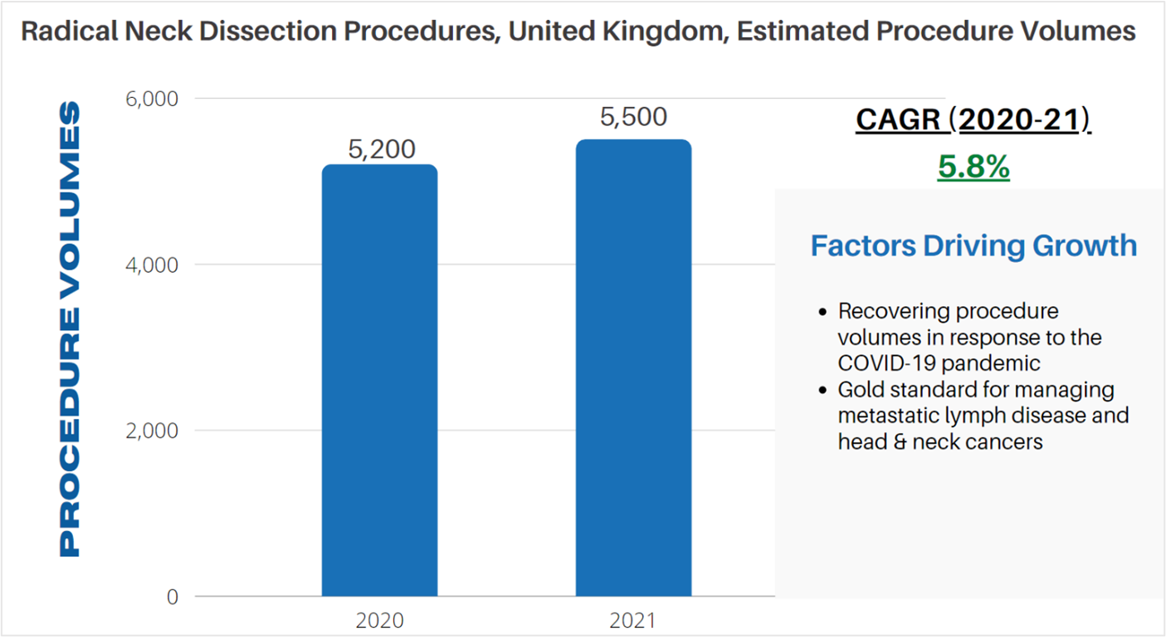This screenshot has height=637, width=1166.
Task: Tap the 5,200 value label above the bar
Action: [x=381, y=149]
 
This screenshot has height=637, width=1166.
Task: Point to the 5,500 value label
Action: [x=633, y=118]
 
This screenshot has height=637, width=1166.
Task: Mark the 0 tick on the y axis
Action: [x=172, y=597]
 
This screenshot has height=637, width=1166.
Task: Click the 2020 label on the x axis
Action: [x=379, y=620]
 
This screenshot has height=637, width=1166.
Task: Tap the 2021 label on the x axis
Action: [x=632, y=620]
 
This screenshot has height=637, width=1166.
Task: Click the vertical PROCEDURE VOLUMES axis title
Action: [x=71, y=328]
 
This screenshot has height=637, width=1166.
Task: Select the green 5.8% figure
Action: [x=973, y=168]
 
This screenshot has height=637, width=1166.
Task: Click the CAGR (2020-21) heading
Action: [x=973, y=120]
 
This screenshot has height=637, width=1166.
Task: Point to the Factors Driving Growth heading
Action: [x=973, y=246]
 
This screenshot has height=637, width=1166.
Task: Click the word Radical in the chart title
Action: [x=62, y=32]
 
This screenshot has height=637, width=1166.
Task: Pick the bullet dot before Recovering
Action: [x=822, y=313]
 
